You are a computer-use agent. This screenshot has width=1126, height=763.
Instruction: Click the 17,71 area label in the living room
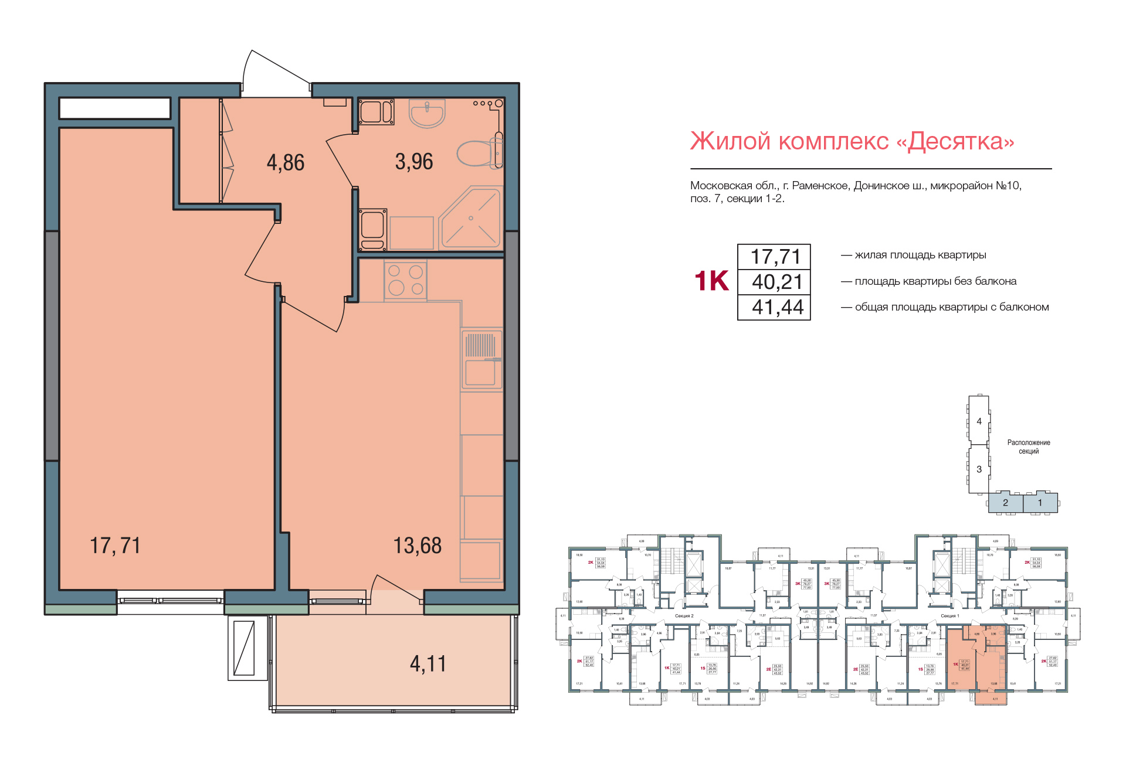pos(115,546)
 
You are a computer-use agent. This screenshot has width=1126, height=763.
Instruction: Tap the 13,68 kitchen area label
pos(417,546)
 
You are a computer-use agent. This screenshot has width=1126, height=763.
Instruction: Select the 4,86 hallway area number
pos(286,162)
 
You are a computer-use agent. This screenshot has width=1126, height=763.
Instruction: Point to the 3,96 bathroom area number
pos(413,162)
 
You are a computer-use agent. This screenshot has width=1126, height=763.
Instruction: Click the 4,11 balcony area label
pos(428,664)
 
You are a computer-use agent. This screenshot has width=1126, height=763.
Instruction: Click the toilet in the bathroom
pos(478,154)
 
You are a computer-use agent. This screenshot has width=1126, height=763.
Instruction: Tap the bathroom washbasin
pos(427,113)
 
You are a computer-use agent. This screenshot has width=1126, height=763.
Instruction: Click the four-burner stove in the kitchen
pos(405,280)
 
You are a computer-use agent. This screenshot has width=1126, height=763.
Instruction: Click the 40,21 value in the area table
pos(777,282)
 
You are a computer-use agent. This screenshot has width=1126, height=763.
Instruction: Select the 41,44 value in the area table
pos(777,307)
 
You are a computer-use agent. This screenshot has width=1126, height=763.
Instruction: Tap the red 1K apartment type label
pos(711,281)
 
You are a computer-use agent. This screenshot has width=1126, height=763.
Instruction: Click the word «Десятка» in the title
pos(961,141)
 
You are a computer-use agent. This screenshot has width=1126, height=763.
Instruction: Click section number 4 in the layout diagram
pos(979,421)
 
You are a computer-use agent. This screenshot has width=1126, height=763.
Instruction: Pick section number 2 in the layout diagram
pos(1005,503)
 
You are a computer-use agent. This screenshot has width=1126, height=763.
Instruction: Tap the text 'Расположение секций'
pos(1029,447)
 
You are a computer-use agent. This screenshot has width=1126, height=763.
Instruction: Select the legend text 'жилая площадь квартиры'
pos(920,255)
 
